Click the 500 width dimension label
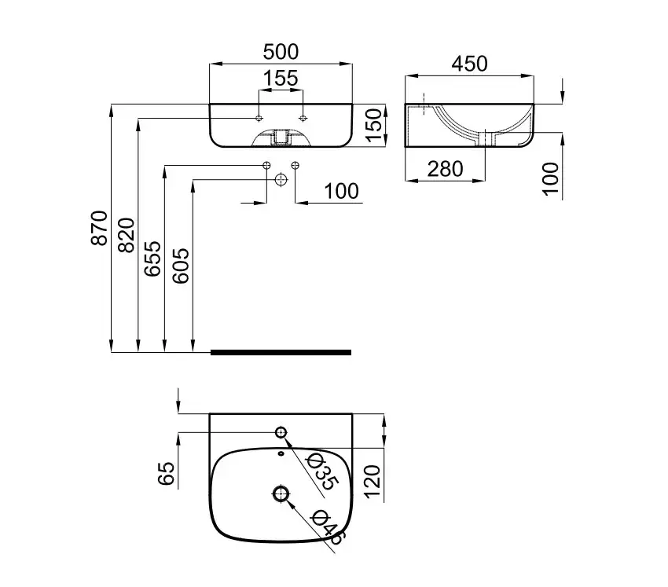tap(281, 52)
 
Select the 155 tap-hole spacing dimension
tap(281, 79)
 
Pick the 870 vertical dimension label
tap(99, 228)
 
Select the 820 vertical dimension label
tap(127, 234)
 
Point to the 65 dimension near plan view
tap(166, 475)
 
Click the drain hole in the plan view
tap(281, 493)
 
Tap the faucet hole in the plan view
tap(281, 432)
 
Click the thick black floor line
tap(281, 352)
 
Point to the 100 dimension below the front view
tap(340, 191)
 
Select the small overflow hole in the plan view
tap(281, 453)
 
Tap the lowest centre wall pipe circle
tap(281, 179)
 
